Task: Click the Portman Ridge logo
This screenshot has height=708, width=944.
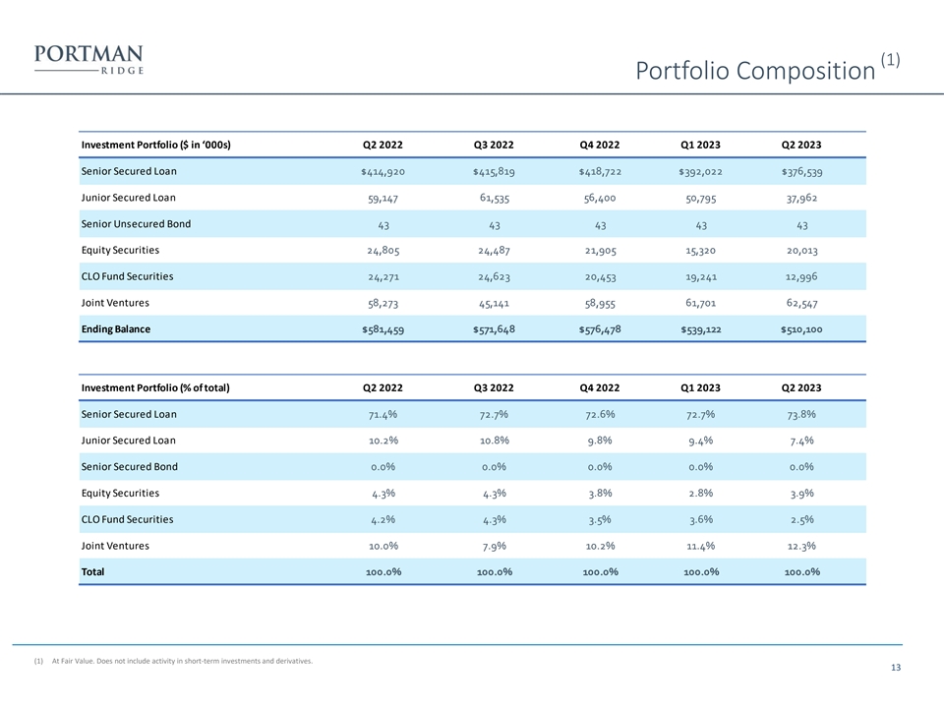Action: pos(88,59)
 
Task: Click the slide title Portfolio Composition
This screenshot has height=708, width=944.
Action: pos(754,71)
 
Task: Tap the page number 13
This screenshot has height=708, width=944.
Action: pos(895,669)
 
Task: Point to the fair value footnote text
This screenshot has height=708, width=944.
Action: pos(181,661)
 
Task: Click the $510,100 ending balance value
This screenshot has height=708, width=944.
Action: pos(800,329)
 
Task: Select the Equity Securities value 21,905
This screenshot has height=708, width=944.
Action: pos(600,250)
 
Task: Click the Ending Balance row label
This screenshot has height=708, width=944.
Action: pos(115,329)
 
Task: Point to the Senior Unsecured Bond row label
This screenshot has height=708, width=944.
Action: pos(136,223)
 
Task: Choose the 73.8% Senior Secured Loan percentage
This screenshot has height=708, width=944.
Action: pos(800,414)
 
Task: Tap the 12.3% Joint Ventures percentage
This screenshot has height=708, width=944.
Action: pos(800,546)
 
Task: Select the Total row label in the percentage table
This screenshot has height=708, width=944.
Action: pos(92,571)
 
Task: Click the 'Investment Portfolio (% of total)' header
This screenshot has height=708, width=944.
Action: pos(154,387)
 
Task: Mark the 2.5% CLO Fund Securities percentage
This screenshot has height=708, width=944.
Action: pos(800,519)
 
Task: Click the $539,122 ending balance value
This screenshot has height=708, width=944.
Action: pos(700,329)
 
